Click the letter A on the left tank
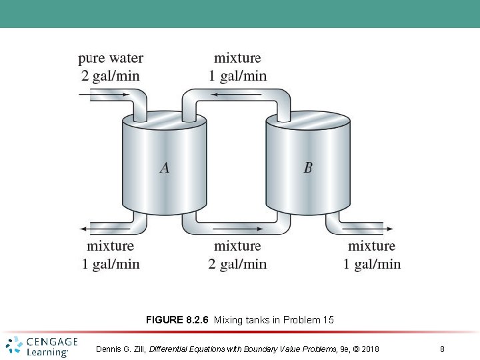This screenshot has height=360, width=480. pyautogui.click(x=164, y=168)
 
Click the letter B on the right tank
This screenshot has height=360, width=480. pyautogui.click(x=307, y=168)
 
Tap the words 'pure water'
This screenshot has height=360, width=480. pyautogui.click(x=111, y=59)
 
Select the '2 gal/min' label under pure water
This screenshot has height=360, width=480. pyautogui.click(x=111, y=75)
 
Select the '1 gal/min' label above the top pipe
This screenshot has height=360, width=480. pyautogui.click(x=237, y=75)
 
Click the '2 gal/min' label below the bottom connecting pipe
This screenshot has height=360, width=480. pyautogui.click(x=237, y=264)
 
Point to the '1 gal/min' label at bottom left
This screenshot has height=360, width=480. pyautogui.click(x=111, y=264)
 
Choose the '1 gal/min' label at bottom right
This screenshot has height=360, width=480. pyautogui.click(x=372, y=264)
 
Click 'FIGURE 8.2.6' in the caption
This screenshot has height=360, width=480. pyautogui.click(x=177, y=320)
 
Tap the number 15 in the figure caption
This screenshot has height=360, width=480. pyautogui.click(x=328, y=320)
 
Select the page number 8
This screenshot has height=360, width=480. pyautogui.click(x=443, y=349)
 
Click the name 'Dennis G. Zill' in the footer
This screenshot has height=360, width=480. pyautogui.click(x=120, y=349)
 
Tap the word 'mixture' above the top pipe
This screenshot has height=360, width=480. pyautogui.click(x=237, y=59)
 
